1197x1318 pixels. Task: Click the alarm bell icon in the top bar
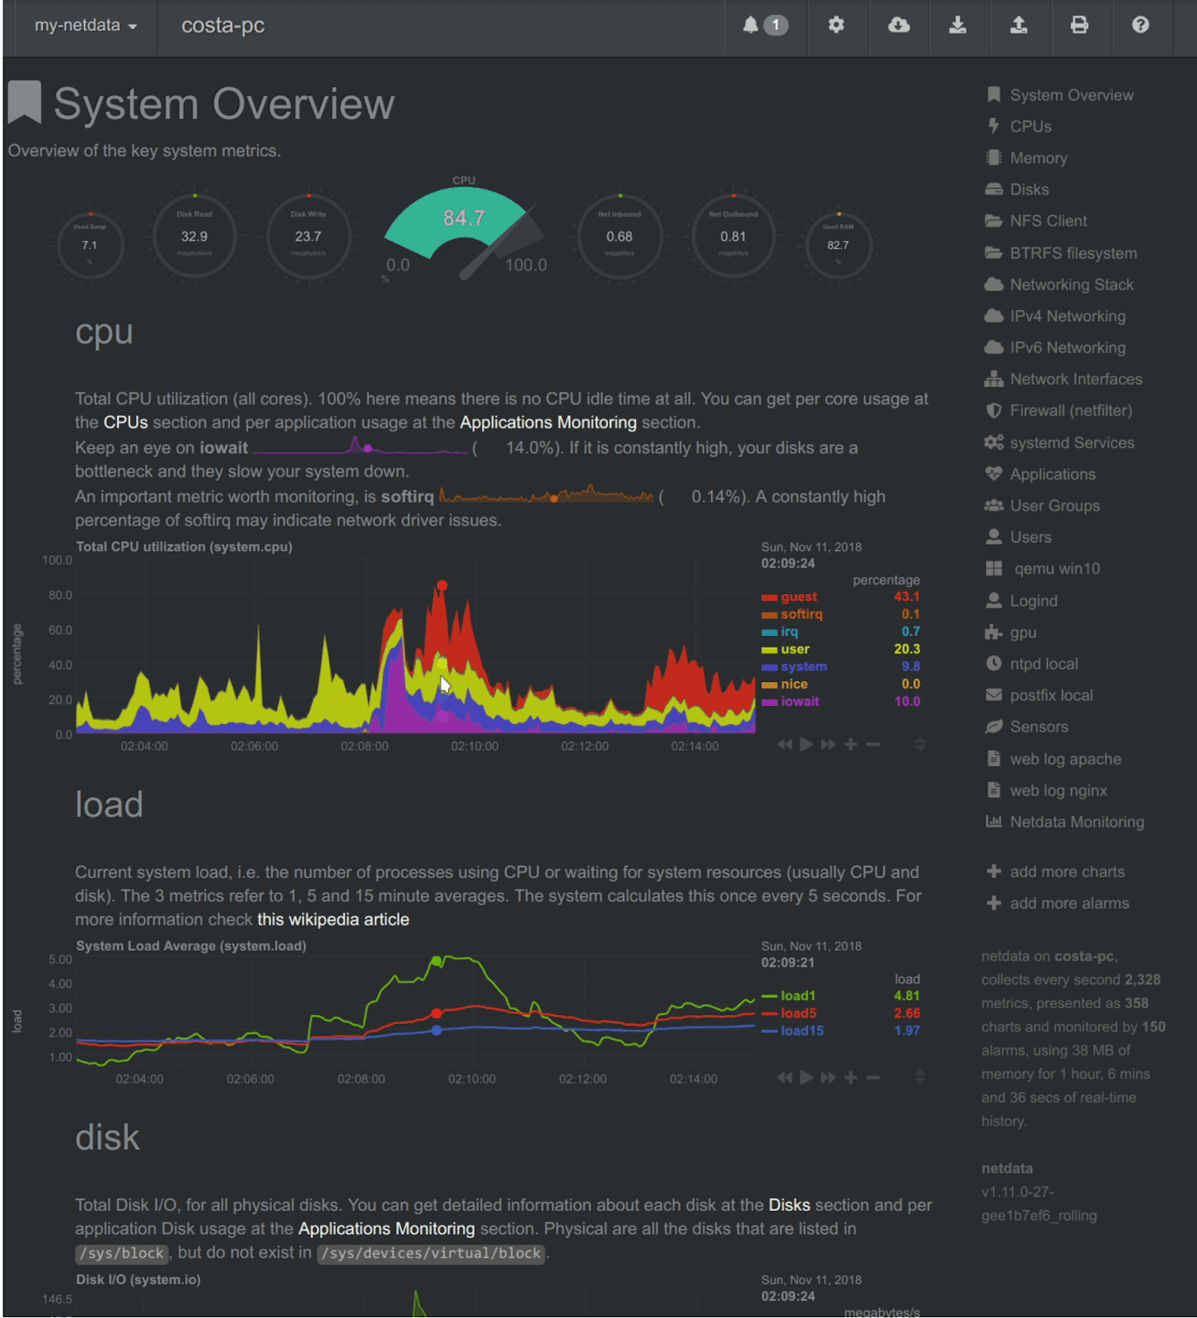(750, 26)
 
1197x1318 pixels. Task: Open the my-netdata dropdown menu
(85, 26)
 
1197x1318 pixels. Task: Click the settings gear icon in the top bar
(836, 26)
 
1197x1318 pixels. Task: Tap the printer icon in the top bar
(1079, 26)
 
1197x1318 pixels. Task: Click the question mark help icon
(1140, 26)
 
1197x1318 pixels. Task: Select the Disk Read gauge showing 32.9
(194, 236)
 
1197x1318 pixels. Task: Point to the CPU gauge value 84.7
(464, 218)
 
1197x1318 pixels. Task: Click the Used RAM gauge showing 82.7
(838, 245)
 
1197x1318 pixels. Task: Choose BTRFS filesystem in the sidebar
(1073, 253)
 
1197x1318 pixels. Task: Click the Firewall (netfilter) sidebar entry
(1070, 410)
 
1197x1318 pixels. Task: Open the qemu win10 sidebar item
(1056, 568)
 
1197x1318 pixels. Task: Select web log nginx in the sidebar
(1058, 791)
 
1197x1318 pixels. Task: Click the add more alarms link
(1068, 904)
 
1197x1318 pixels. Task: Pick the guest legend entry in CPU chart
(798, 597)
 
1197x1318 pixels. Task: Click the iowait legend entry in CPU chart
(799, 702)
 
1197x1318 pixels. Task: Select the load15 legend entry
(801, 1031)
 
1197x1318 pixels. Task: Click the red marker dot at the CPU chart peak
(442, 586)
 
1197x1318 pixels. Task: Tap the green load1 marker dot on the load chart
(437, 961)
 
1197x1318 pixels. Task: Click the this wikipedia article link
(333, 919)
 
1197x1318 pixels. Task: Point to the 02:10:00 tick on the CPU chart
(475, 746)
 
